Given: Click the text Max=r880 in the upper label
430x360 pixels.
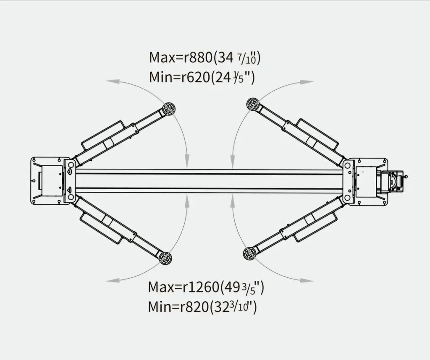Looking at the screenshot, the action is click(x=181, y=57).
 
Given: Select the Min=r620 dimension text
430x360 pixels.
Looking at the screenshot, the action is click(x=179, y=77).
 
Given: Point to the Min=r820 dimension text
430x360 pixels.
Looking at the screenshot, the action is click(x=178, y=307).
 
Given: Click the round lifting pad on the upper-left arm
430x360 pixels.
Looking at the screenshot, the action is click(x=169, y=109).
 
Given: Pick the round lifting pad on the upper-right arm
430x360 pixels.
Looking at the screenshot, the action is click(x=253, y=104).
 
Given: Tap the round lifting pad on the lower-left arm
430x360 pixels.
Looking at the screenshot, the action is click(x=165, y=258).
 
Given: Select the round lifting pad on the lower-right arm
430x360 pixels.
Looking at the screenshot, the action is click(x=249, y=254).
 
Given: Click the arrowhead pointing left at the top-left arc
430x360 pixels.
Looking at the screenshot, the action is click(x=113, y=81).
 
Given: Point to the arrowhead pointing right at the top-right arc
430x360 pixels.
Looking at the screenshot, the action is click(x=307, y=82).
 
